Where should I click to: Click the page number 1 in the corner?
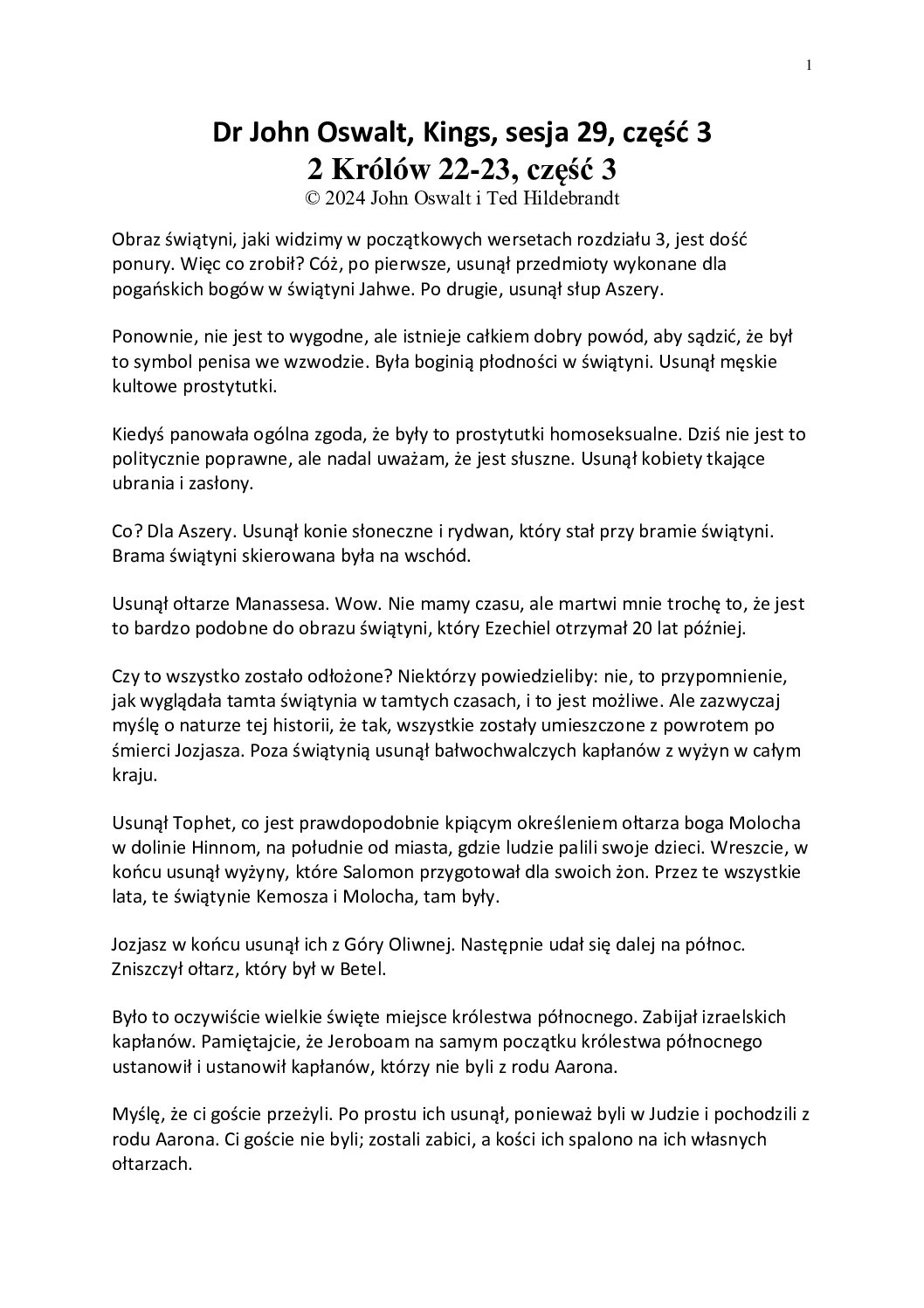810,65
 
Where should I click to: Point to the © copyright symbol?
311,197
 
